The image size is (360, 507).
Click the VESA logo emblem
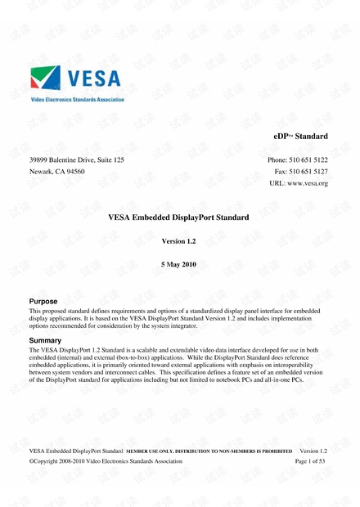[x=45, y=79]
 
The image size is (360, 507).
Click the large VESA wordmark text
[x=92, y=79]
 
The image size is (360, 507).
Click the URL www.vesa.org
[x=307, y=183]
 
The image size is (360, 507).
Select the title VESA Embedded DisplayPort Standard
[x=178, y=218]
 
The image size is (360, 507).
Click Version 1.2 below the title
[x=179, y=242]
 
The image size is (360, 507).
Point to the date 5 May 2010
[x=179, y=265]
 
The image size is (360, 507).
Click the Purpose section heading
[x=43, y=302]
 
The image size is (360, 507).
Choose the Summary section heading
[x=46, y=339]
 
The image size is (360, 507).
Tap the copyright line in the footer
[x=106, y=461]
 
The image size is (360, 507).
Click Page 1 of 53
[x=310, y=461]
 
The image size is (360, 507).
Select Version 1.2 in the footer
[x=313, y=451]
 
